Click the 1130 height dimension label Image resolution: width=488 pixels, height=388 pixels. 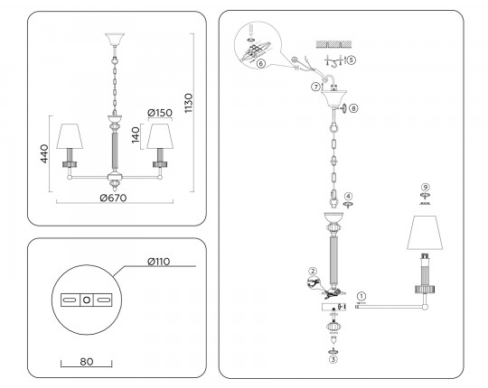(189, 103)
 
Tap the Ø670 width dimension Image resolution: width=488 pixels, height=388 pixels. (113, 198)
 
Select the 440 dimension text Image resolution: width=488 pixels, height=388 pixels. (44, 153)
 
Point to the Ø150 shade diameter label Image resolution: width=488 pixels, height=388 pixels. (160, 113)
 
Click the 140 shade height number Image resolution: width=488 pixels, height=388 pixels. (136, 135)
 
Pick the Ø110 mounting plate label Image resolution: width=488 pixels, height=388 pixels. (159, 262)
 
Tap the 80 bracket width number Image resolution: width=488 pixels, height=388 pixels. (87, 362)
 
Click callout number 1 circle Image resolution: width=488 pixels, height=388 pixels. (361, 296)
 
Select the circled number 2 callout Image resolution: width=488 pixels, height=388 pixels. (313, 272)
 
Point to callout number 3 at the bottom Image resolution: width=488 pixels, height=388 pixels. (333, 359)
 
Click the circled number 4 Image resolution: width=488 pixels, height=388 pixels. (348, 197)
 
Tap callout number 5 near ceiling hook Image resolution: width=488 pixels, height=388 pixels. (351, 60)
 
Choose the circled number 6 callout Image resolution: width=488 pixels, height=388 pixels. (261, 64)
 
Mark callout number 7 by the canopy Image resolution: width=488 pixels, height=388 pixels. (315, 87)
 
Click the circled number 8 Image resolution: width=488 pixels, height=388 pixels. (353, 108)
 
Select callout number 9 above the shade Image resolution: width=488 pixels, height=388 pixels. (425, 187)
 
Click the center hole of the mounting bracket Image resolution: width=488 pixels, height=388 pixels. (87, 300)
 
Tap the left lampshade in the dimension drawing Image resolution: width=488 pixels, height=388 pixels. (70, 136)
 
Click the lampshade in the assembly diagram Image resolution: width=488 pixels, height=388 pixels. (425, 232)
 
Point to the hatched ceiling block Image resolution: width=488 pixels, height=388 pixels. (334, 44)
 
